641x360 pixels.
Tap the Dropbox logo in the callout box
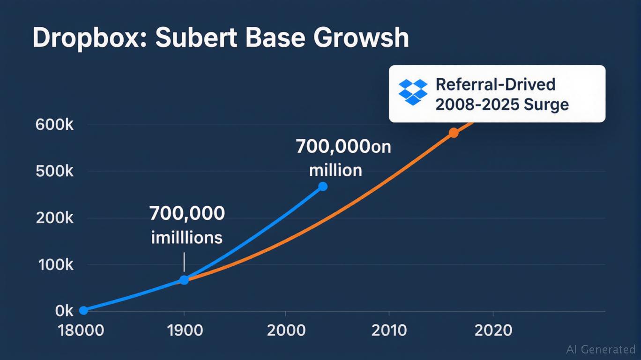[413, 92]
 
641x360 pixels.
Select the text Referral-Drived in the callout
[495, 84]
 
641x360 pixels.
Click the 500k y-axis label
[54, 172]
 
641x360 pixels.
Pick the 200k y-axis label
[54, 218]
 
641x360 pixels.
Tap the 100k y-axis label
[54, 265]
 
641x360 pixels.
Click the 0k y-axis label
[64, 311]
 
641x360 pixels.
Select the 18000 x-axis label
[81, 330]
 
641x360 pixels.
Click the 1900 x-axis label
[184, 330]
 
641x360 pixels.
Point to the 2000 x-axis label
[286, 330]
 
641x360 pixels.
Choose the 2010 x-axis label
[389, 330]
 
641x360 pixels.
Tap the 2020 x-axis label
[493, 330]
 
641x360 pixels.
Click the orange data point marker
[454, 133]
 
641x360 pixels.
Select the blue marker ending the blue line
[322, 187]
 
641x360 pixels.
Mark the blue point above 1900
[184, 280]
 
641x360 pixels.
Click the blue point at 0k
[83, 310]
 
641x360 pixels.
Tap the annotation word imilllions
[186, 238]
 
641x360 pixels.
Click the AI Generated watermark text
[600, 349]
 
